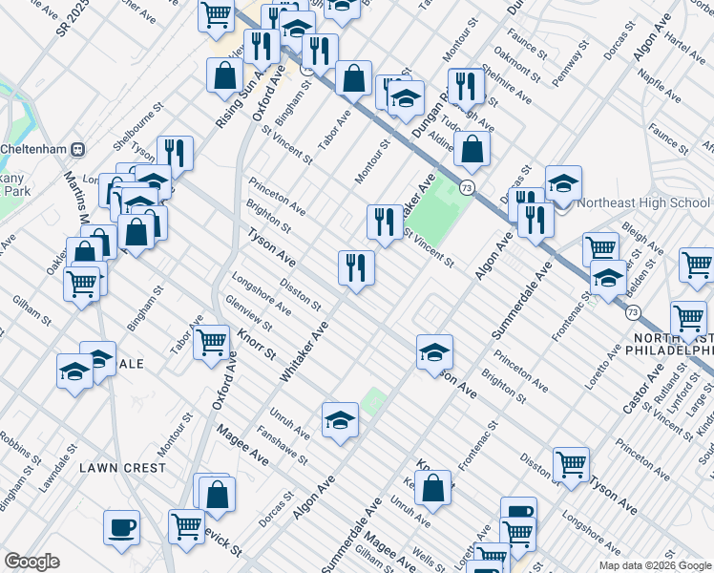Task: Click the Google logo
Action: pyautogui.click(x=31, y=562)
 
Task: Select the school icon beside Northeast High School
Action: pyautogui.click(x=563, y=184)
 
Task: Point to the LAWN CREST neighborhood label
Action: pyautogui.click(x=122, y=468)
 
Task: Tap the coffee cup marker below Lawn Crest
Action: pyautogui.click(x=121, y=529)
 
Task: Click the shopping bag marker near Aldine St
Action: pyautogui.click(x=472, y=149)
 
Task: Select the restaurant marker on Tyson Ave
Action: pyautogui.click(x=356, y=267)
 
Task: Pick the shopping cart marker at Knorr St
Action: pyautogui.click(x=212, y=341)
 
